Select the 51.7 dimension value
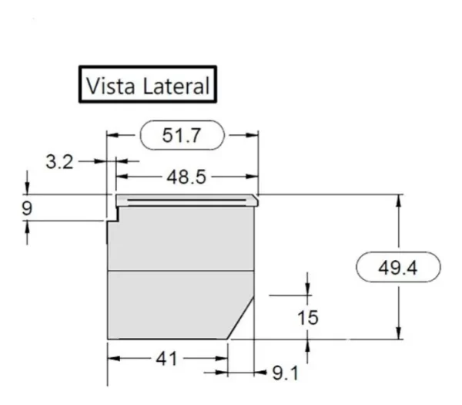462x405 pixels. point(182,135)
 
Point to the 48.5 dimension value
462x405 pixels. point(186,177)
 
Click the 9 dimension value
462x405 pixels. point(28,208)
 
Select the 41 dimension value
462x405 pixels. point(167,359)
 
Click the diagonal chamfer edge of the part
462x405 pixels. point(242,317)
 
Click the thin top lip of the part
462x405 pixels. point(185,201)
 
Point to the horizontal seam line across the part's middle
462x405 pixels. point(180,272)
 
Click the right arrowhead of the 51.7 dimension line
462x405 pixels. point(252,135)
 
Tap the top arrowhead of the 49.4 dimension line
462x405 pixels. point(398,200)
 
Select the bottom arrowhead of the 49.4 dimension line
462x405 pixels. point(398,333)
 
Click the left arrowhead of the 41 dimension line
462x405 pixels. point(112,359)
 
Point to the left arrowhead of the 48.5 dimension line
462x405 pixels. point(121,177)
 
